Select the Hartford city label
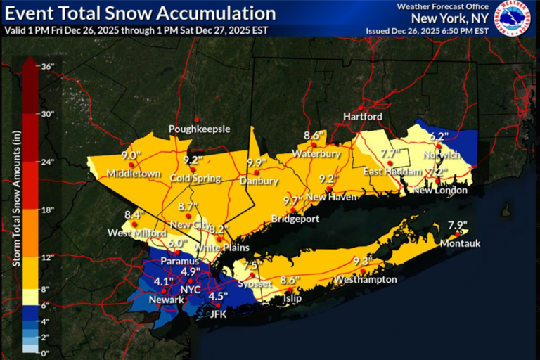[362, 116]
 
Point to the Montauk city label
[459, 243]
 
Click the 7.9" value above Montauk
[457, 225]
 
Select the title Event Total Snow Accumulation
[140, 13]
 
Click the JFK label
[219, 314]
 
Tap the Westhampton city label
[366, 280]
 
